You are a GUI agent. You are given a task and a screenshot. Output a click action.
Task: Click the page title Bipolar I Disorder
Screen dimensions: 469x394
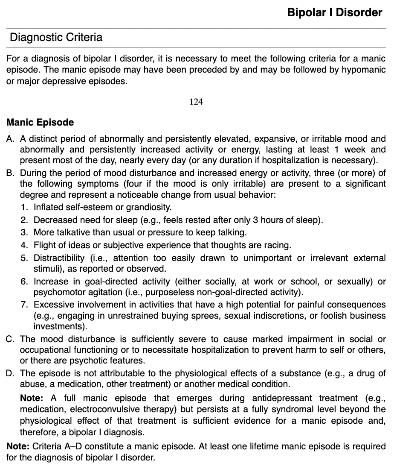point(334,12)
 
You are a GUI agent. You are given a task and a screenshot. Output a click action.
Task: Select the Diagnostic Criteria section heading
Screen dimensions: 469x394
point(56,37)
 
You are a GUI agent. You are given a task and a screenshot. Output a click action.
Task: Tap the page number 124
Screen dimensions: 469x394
point(196,102)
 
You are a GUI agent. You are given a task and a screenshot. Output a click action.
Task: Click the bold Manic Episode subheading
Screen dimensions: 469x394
point(40,123)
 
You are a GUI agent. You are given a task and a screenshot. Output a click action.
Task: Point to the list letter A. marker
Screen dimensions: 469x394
point(10,139)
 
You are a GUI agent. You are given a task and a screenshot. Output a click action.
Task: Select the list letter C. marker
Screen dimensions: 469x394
point(11,339)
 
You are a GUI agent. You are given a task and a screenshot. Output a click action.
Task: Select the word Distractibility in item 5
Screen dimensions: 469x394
point(59,258)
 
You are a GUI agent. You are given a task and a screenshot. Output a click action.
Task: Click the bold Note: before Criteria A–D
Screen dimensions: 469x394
point(18,446)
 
